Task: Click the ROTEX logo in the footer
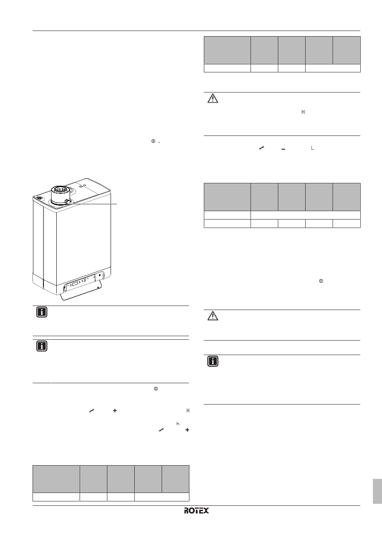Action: (x=196, y=511)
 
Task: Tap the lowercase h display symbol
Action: (x=178, y=423)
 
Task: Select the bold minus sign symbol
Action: (x=283, y=149)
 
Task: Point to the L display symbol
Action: (x=312, y=148)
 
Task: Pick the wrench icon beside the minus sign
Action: (x=261, y=148)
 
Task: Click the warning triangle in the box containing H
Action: (x=213, y=99)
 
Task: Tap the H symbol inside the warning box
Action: (x=303, y=112)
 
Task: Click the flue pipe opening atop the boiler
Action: (x=60, y=189)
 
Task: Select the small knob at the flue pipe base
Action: (x=67, y=201)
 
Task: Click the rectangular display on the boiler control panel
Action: (x=75, y=284)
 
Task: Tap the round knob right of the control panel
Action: (x=100, y=275)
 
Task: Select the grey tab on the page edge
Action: (x=377, y=491)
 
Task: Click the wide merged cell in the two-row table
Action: (x=305, y=215)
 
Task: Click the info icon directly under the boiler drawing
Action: (x=42, y=312)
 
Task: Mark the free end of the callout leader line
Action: (x=117, y=204)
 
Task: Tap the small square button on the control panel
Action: (x=85, y=280)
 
